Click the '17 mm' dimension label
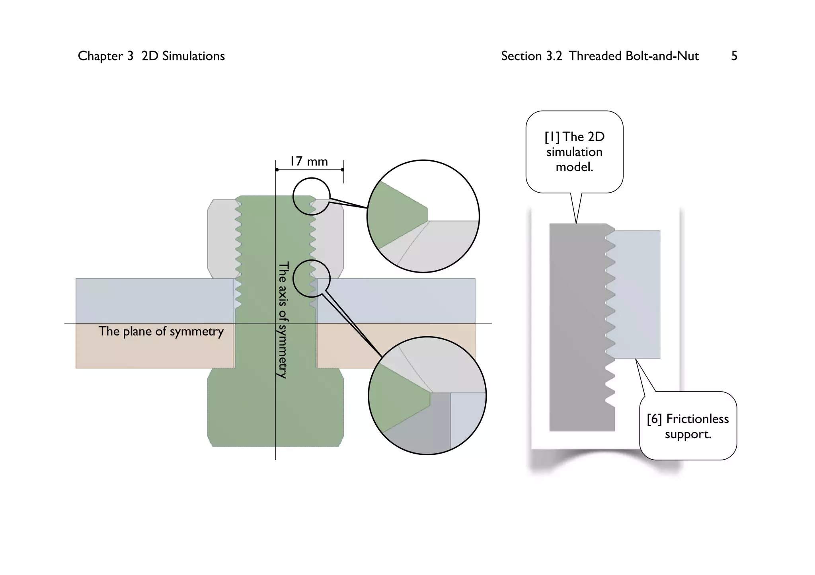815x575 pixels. click(x=309, y=162)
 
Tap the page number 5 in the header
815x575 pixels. click(x=734, y=56)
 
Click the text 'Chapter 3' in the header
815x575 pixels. click(x=105, y=56)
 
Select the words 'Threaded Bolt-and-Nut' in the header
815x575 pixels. click(x=634, y=56)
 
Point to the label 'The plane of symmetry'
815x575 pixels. click(x=161, y=331)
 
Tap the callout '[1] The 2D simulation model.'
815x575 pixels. click(x=574, y=152)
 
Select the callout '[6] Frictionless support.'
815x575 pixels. click(x=688, y=426)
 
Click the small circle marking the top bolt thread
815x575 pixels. click(x=312, y=196)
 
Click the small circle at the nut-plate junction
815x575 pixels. click(x=312, y=279)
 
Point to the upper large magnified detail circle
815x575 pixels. click(x=423, y=216)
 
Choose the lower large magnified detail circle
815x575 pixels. click(x=427, y=396)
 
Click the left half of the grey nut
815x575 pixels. click(x=221, y=239)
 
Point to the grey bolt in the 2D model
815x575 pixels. click(x=577, y=326)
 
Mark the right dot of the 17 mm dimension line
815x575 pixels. click(x=342, y=170)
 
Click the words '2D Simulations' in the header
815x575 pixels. click(x=183, y=56)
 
